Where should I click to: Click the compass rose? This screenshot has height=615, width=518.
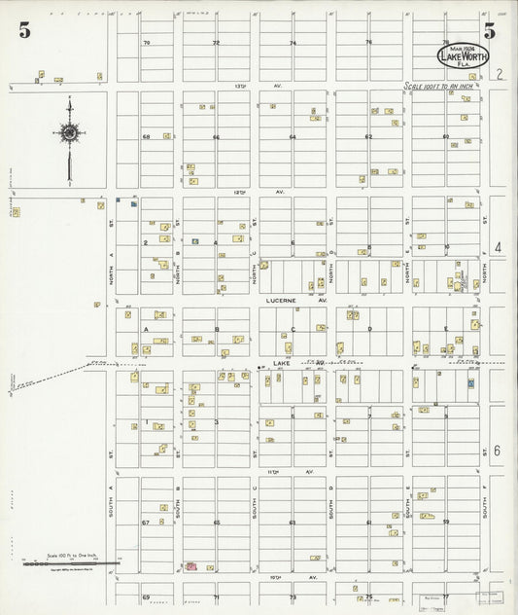point(70,132)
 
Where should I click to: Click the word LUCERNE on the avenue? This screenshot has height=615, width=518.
point(285,302)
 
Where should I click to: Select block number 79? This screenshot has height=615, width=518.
point(147,43)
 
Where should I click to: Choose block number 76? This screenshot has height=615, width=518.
point(368,42)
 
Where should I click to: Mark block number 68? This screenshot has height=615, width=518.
point(147,137)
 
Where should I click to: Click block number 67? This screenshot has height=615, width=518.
point(145,523)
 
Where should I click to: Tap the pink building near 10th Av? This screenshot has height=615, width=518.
point(191,565)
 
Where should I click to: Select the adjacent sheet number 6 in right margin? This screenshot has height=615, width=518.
point(497,451)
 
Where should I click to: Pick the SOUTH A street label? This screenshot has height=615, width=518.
point(113,507)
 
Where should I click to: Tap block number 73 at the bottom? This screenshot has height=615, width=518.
point(292,596)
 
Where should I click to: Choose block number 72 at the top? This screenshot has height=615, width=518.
point(217,43)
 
